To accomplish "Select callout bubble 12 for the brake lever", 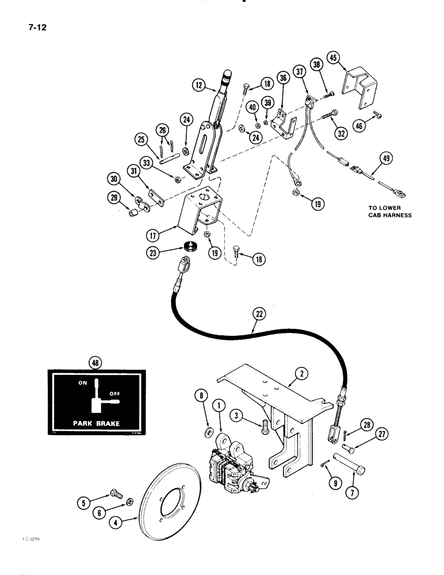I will point(200,87).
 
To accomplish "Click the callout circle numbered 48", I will point(93,363).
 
